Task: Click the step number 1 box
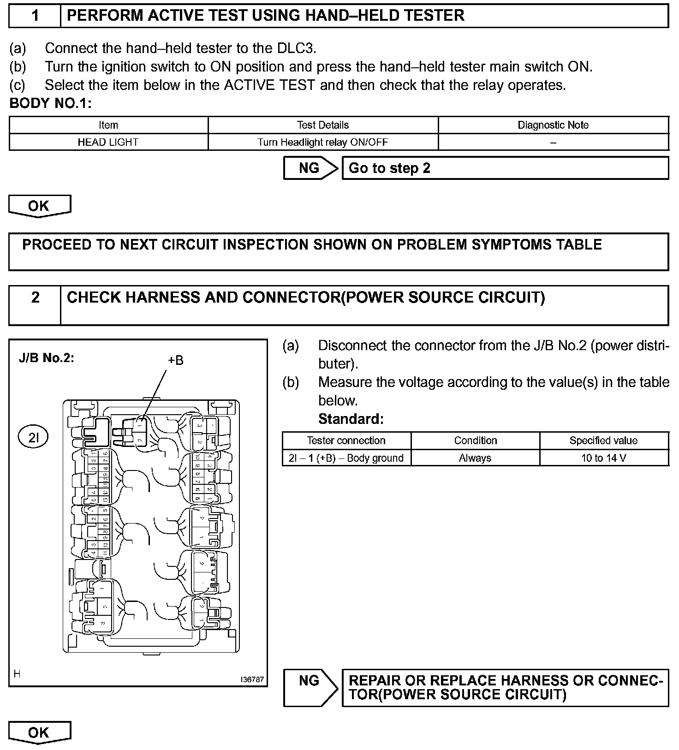click(x=35, y=16)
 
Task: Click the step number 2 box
click(x=35, y=305)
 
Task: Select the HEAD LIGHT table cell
click(x=108, y=142)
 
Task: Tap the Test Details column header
click(x=323, y=125)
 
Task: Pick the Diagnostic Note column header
click(x=553, y=125)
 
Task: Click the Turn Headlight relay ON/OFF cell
click(x=323, y=142)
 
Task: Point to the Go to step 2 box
click(x=505, y=168)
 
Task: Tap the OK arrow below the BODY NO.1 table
click(x=39, y=206)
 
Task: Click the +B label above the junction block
click(x=175, y=360)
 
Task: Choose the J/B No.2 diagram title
click(x=46, y=358)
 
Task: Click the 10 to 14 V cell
click(x=604, y=458)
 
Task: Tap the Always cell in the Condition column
click(x=475, y=458)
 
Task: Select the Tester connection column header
click(x=346, y=440)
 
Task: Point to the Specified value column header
click(x=604, y=440)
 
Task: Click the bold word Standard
click(x=351, y=419)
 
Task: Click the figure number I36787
click(x=252, y=679)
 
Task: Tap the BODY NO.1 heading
click(x=50, y=103)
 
